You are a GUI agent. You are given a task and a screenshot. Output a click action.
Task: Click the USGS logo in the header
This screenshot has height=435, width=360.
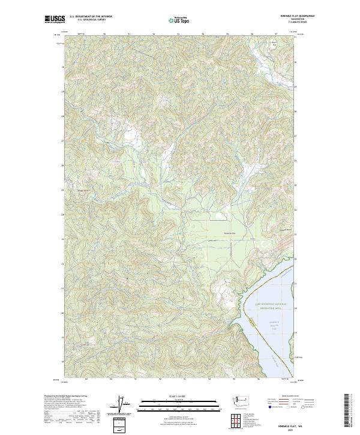click(55, 19)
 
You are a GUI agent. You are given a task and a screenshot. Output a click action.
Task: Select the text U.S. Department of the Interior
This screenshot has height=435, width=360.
click(91, 17)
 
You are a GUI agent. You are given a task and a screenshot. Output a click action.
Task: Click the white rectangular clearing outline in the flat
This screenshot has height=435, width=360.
click(223, 214)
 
